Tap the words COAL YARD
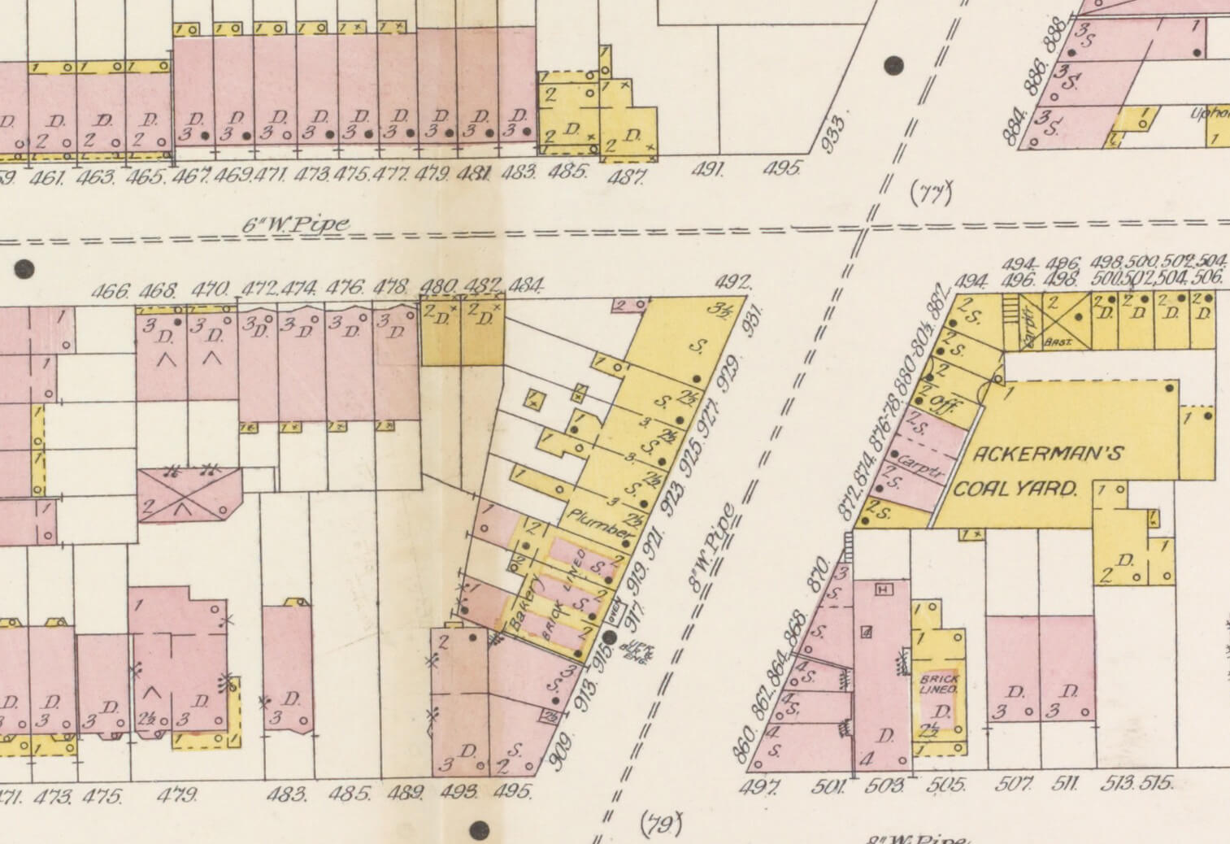pos(1015,489)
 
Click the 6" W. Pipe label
pos(295,224)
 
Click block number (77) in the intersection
pos(930,193)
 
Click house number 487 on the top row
pos(626,176)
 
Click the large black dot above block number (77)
pos(894,66)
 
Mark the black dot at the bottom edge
pos(480,830)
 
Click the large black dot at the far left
pos(24,268)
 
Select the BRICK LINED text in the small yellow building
pos(939,684)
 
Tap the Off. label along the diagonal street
pos(943,403)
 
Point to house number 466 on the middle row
pos(111,290)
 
